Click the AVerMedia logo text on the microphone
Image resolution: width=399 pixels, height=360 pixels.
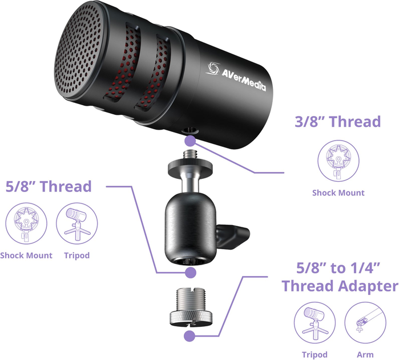coord(243,79)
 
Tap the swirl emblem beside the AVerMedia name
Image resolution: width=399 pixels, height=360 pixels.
coord(213,68)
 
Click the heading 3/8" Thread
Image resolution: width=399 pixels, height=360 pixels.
coord(338,122)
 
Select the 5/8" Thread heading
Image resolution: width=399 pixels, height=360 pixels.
coord(49,186)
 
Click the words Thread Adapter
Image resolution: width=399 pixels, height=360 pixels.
coord(340,286)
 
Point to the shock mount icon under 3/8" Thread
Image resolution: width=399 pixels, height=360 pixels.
coord(338,161)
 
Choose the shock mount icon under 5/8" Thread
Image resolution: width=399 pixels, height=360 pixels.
coord(26,223)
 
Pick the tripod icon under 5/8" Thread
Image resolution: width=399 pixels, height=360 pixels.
coord(76,223)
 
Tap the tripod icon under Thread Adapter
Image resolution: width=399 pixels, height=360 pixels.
coord(315,322)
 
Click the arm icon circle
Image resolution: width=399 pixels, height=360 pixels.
coord(365,322)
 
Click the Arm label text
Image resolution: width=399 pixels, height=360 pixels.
coord(365,354)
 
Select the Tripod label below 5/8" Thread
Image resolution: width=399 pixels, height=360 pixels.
coord(77,255)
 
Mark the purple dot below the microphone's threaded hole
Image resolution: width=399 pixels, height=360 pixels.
coord(190,141)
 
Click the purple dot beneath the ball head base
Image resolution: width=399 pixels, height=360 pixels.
coord(190,273)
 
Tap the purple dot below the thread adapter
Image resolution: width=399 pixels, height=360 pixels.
coord(190,336)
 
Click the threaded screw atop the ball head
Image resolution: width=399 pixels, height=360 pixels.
coord(190,155)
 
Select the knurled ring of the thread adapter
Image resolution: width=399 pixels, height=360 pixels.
coord(190,318)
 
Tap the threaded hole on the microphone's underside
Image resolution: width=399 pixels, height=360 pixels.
coord(190,131)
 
